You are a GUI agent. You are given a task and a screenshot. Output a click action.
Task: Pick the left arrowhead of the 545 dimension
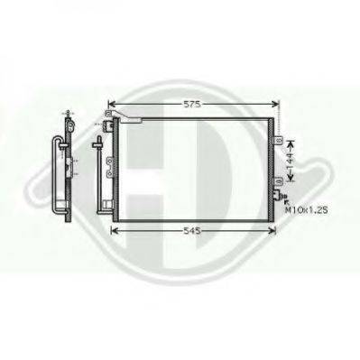click(115, 232)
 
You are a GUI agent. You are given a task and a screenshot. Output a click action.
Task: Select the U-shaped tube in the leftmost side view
click(62, 176)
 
